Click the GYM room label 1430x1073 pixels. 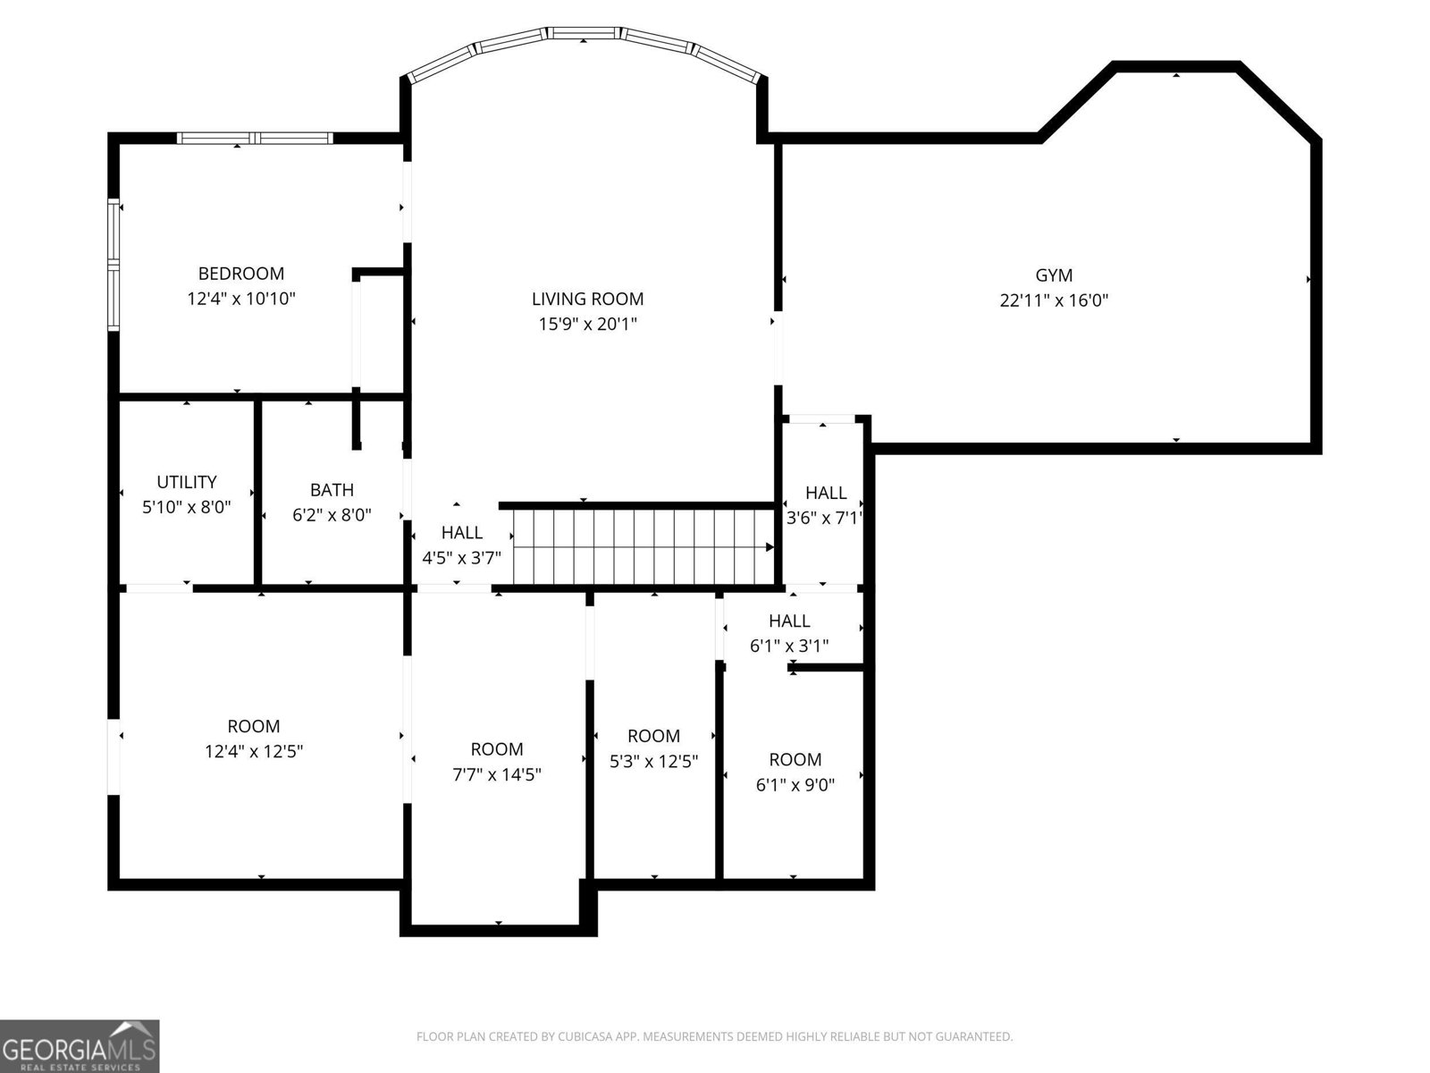(x=1054, y=275)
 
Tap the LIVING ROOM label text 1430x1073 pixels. (x=587, y=299)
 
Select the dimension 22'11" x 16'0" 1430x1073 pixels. (x=1054, y=300)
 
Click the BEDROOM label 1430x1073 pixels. (x=240, y=274)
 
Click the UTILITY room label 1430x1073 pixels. (x=187, y=482)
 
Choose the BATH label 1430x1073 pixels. (x=332, y=490)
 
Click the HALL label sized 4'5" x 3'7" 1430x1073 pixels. (x=461, y=533)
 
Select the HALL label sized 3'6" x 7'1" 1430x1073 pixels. (x=826, y=493)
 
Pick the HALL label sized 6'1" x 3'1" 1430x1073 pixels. (x=789, y=621)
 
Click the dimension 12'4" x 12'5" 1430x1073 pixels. (x=254, y=752)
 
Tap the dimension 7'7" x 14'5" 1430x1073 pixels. (x=497, y=774)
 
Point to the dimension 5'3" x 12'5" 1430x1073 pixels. (x=653, y=762)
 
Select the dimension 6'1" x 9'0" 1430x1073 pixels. (x=795, y=785)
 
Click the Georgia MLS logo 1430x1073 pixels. (x=80, y=1046)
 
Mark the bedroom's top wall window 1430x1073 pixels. (x=255, y=138)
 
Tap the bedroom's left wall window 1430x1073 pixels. (x=114, y=264)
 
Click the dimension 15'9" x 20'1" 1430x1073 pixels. (x=587, y=324)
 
